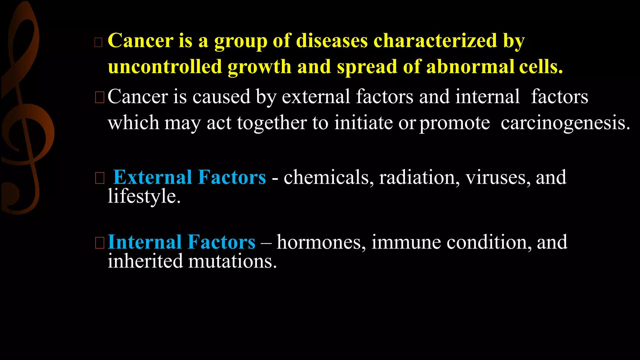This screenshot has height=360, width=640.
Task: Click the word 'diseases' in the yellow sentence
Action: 332,41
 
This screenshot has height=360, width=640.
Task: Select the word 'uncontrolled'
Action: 165,67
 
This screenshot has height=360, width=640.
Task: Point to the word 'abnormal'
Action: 470,67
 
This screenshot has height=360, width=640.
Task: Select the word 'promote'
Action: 455,123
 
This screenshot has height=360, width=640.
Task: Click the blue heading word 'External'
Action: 152,177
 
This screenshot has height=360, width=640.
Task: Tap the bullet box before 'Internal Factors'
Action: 99,243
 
